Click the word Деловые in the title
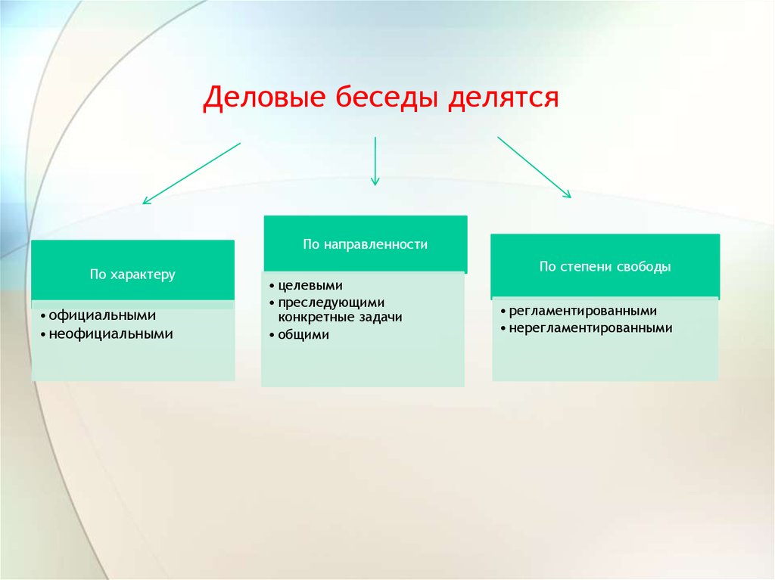[x=264, y=98]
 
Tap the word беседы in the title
[x=387, y=96]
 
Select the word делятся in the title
[x=503, y=98]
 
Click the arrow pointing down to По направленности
[x=375, y=161]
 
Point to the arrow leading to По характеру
[x=191, y=173]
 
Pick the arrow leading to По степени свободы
[x=534, y=167]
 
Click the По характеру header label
[x=132, y=274]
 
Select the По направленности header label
[x=366, y=244]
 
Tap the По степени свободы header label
[x=605, y=267]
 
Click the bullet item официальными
[x=102, y=315]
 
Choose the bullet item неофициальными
[x=110, y=334]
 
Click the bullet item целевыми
[x=310, y=286]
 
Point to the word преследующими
[x=331, y=302]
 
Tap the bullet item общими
[x=303, y=334]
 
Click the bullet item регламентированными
[x=583, y=312]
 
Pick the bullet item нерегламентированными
[x=590, y=328]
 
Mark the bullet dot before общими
[x=272, y=336]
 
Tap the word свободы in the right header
[x=648, y=267]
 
